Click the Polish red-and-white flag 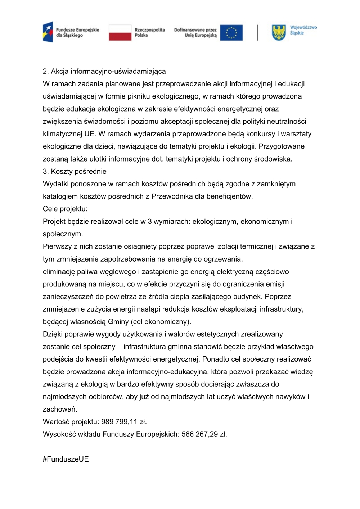click(x=120, y=32)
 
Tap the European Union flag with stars click(x=231, y=33)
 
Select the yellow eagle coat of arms click(x=279, y=32)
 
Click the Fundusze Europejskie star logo click(x=48, y=32)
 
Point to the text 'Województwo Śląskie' click(x=303, y=30)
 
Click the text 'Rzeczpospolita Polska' click(x=149, y=32)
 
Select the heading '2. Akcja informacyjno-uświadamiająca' click(x=104, y=71)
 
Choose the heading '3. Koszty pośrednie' click(x=75, y=171)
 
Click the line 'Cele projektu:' click(x=65, y=209)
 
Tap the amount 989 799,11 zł click(x=124, y=422)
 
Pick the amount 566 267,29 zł click(x=204, y=434)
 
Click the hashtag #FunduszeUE click(x=66, y=459)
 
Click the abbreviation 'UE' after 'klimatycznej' click(x=89, y=134)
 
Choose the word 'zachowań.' click(x=60, y=409)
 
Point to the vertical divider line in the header click(x=257, y=32)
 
